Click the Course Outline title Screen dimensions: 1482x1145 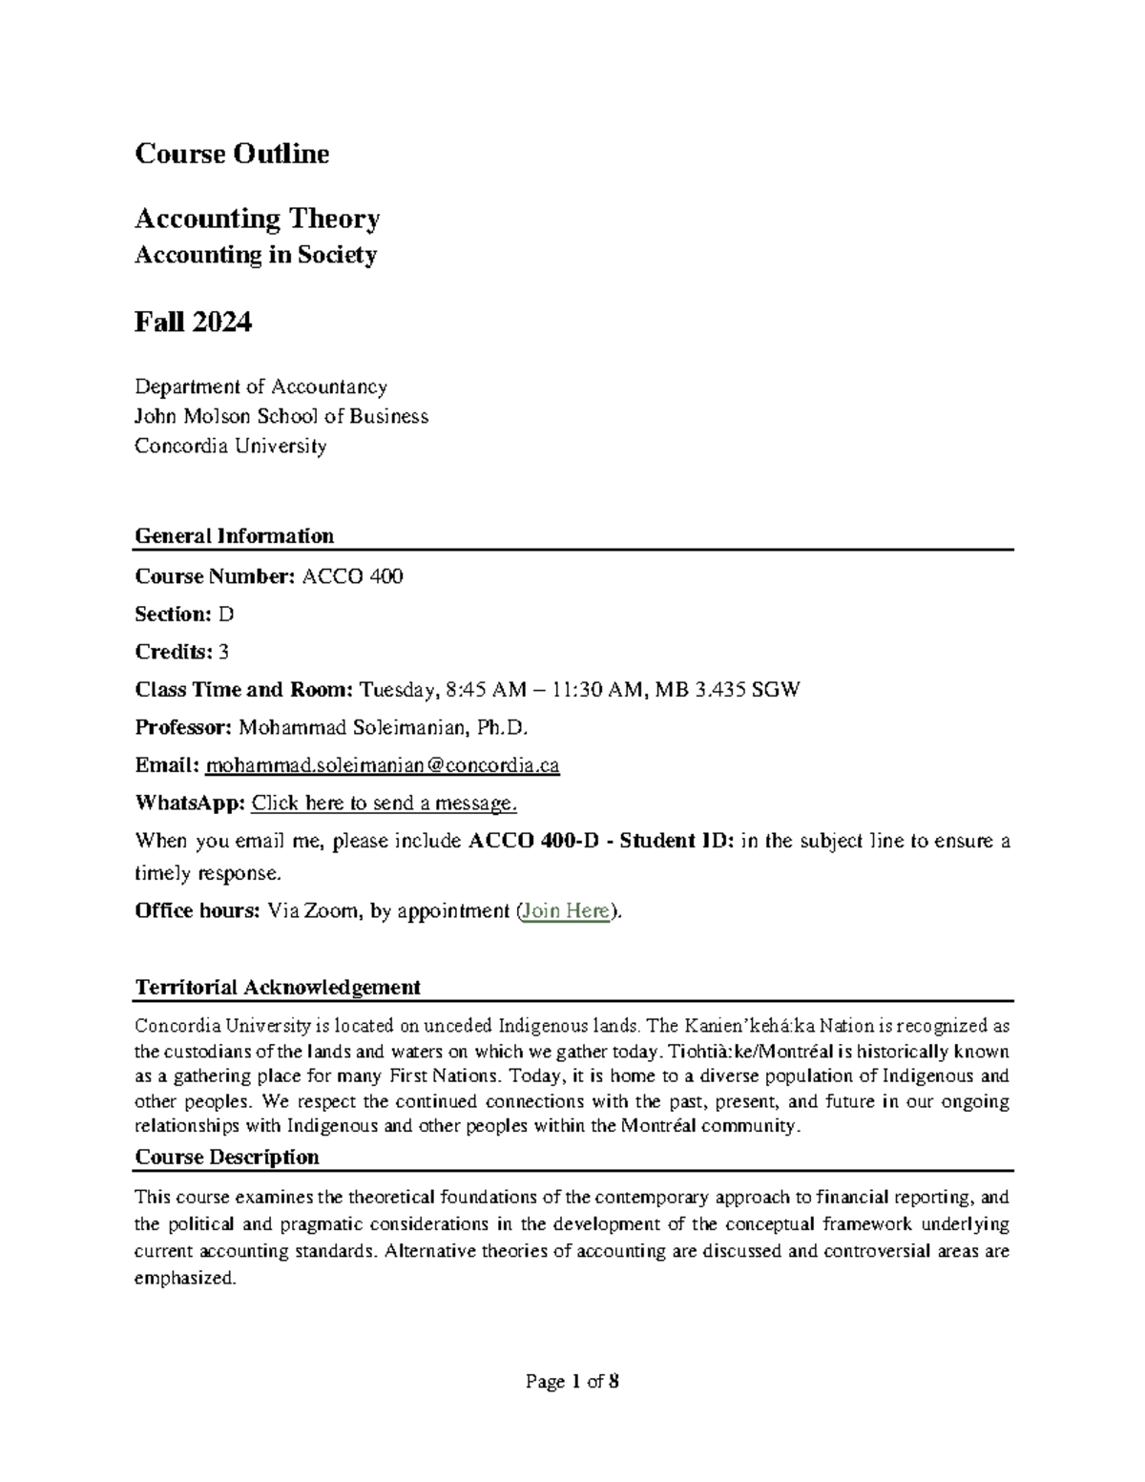[x=232, y=154]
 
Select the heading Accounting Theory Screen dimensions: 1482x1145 [x=257, y=219]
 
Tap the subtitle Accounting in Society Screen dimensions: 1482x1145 [x=256, y=255]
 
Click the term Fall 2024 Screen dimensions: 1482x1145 [x=193, y=323]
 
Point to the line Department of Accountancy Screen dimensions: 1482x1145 [x=260, y=386]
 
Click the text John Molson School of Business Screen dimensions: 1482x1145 [x=281, y=416]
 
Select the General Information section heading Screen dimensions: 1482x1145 [x=234, y=535]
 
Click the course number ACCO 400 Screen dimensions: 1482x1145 [x=352, y=576]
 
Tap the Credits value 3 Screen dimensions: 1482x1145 [x=223, y=652]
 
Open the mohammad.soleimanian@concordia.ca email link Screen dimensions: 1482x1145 [x=383, y=765]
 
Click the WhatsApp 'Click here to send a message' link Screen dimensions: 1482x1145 [x=384, y=804]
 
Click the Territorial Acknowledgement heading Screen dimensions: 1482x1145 [x=278, y=987]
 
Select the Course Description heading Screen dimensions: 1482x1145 [x=227, y=1158]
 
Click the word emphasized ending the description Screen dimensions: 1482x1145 [x=184, y=1279]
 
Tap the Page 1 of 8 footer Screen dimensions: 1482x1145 [x=572, y=1382]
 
